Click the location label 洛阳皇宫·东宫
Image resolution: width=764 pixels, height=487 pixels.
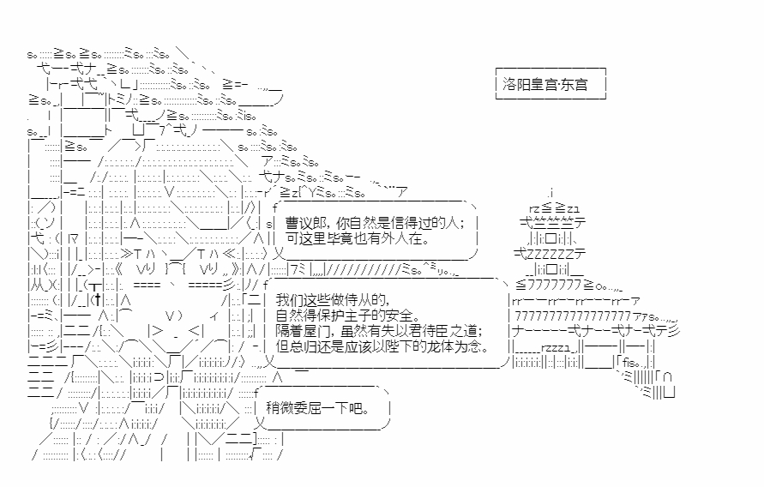[x=545, y=85]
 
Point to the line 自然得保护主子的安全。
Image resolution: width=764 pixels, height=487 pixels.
[x=348, y=316]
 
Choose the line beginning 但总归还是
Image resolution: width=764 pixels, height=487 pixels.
[x=381, y=347]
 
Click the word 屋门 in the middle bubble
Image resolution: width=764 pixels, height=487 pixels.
[x=317, y=332]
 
